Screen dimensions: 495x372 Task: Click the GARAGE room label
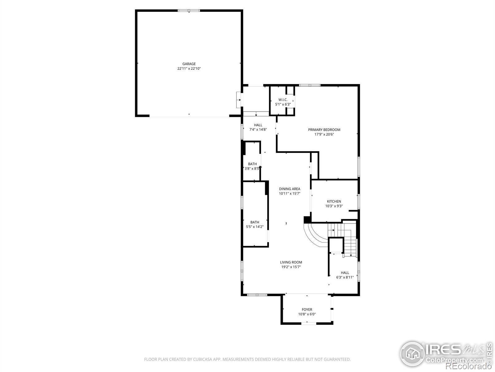[x=189, y=64]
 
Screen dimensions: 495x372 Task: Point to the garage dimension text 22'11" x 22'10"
[x=189, y=69]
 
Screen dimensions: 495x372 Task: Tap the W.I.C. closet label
[x=283, y=100]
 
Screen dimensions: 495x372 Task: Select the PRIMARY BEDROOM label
[x=324, y=130]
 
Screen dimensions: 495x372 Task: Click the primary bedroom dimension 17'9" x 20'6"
[x=324, y=135]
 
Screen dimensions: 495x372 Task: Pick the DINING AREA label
[x=290, y=189]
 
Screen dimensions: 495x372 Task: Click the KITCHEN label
[x=334, y=201]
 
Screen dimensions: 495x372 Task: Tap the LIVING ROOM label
[x=291, y=262]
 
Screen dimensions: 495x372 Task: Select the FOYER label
[x=307, y=309]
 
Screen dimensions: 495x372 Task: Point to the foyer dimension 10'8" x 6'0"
[x=307, y=314]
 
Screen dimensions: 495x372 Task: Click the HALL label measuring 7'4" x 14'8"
[x=258, y=125]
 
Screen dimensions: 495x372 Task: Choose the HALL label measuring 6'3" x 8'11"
[x=345, y=272]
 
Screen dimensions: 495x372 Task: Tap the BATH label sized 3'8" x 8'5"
[x=252, y=164]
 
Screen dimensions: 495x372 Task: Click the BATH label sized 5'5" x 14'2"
[x=255, y=222]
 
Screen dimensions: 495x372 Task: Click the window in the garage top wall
[x=189, y=11]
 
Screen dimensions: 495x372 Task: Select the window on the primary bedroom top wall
[x=310, y=85]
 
